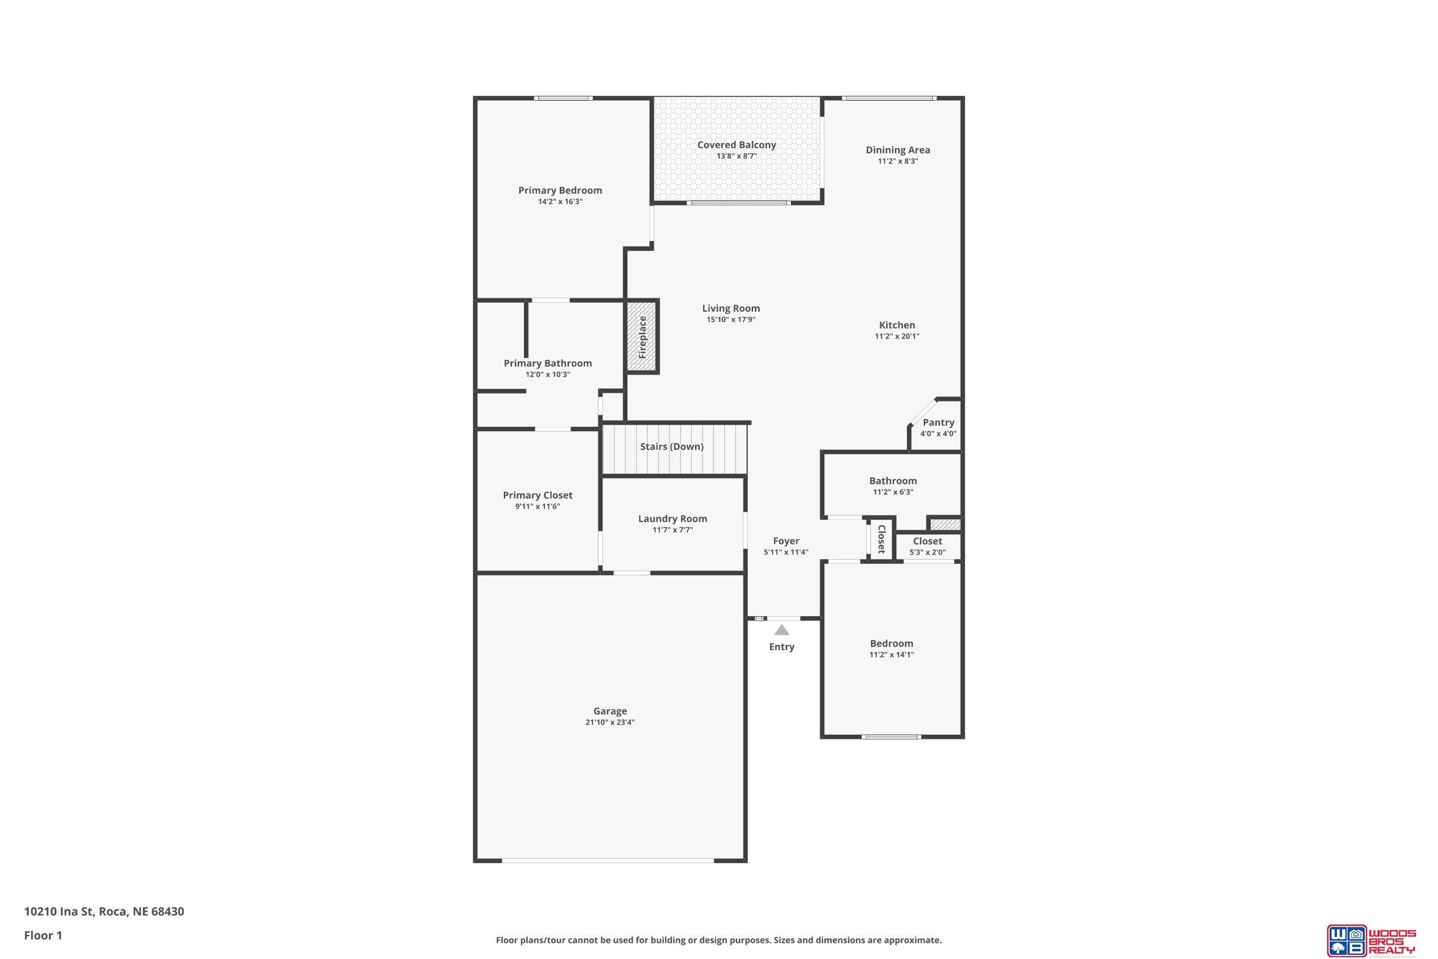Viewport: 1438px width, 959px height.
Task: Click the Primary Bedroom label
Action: click(560, 190)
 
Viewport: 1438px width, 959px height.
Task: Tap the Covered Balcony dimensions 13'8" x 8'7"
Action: click(737, 156)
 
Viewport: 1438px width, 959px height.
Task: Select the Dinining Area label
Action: click(897, 150)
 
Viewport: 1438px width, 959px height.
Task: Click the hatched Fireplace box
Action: click(642, 337)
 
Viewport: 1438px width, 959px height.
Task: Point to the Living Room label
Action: click(731, 308)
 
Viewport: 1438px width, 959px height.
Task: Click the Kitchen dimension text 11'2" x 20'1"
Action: click(897, 336)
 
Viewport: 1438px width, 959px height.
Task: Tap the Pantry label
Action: click(939, 423)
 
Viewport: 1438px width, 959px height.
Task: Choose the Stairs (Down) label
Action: click(672, 446)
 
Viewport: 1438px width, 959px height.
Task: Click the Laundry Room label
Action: click(672, 519)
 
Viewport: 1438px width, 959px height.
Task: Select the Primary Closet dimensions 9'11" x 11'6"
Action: click(537, 506)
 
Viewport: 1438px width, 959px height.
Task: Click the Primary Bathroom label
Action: click(548, 364)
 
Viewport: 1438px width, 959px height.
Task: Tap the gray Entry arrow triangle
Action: click(781, 630)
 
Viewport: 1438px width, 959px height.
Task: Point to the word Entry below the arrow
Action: click(781, 647)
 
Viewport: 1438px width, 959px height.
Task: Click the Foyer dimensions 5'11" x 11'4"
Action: click(786, 552)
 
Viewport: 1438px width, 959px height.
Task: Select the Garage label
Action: click(610, 711)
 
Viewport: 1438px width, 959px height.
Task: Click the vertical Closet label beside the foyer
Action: click(882, 539)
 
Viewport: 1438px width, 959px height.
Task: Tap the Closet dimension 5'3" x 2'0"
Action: click(927, 552)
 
